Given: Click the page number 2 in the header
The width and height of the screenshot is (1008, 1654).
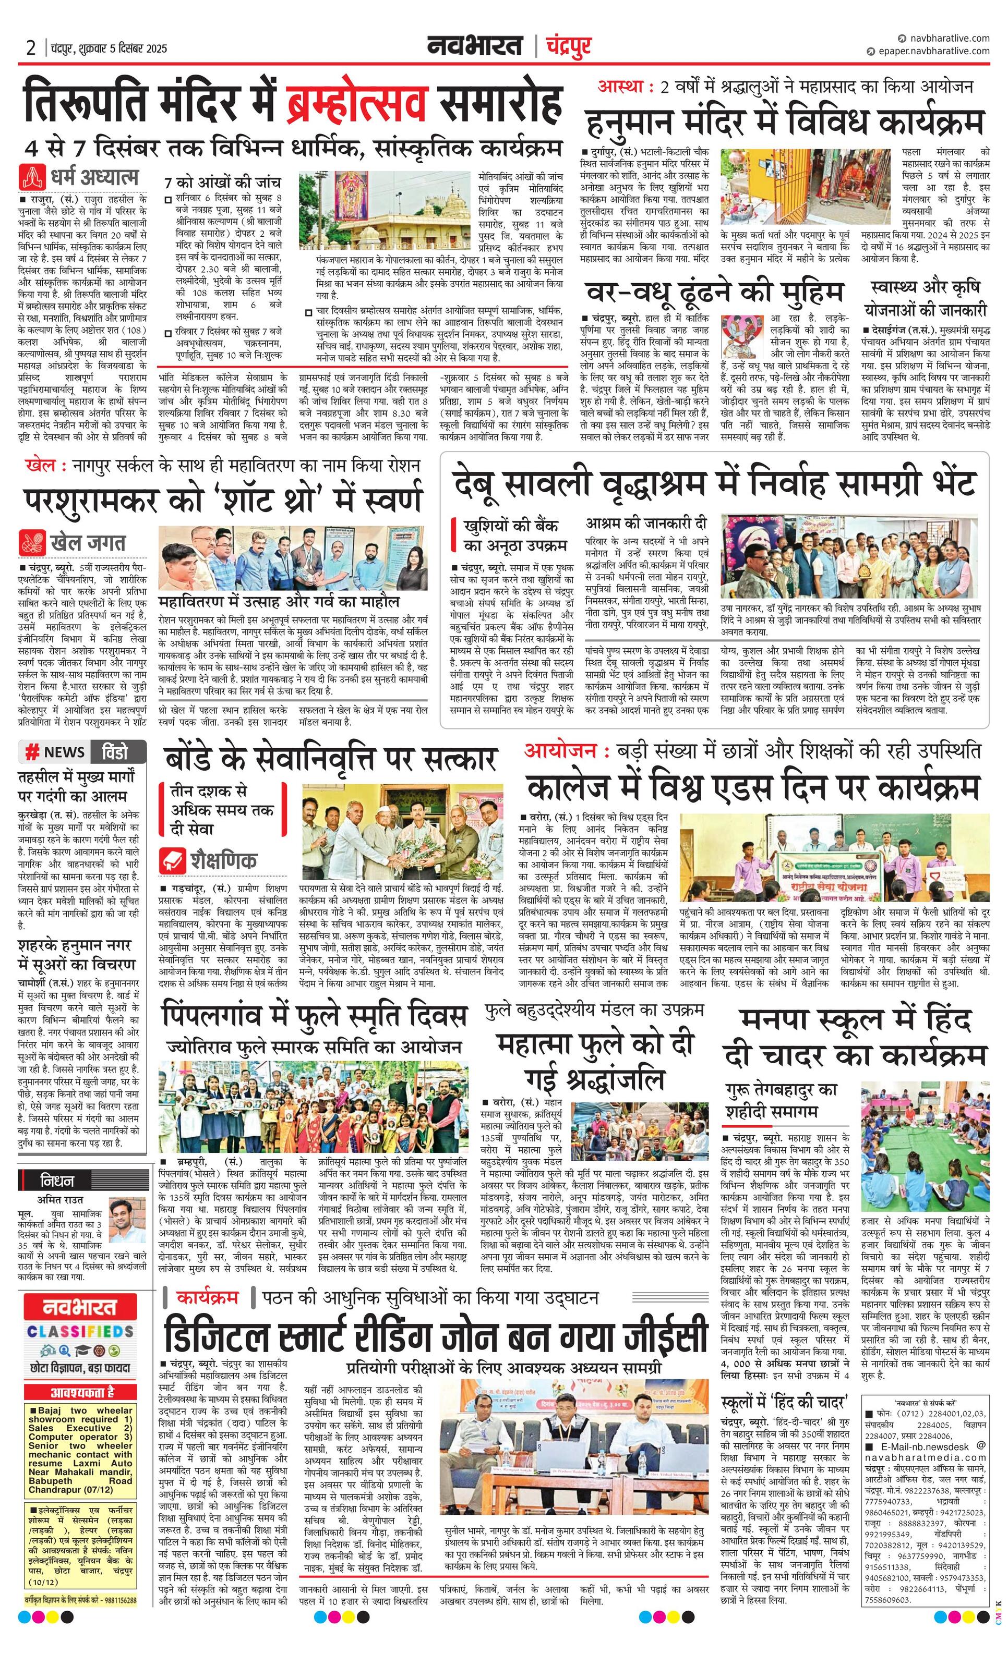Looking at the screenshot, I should pos(31,47).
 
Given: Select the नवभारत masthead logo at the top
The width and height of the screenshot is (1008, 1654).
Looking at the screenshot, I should pos(475,46).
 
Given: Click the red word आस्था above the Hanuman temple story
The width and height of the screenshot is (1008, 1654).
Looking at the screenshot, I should pos(621,87).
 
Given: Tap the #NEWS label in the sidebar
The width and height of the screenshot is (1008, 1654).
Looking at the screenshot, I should pos(55,752).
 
